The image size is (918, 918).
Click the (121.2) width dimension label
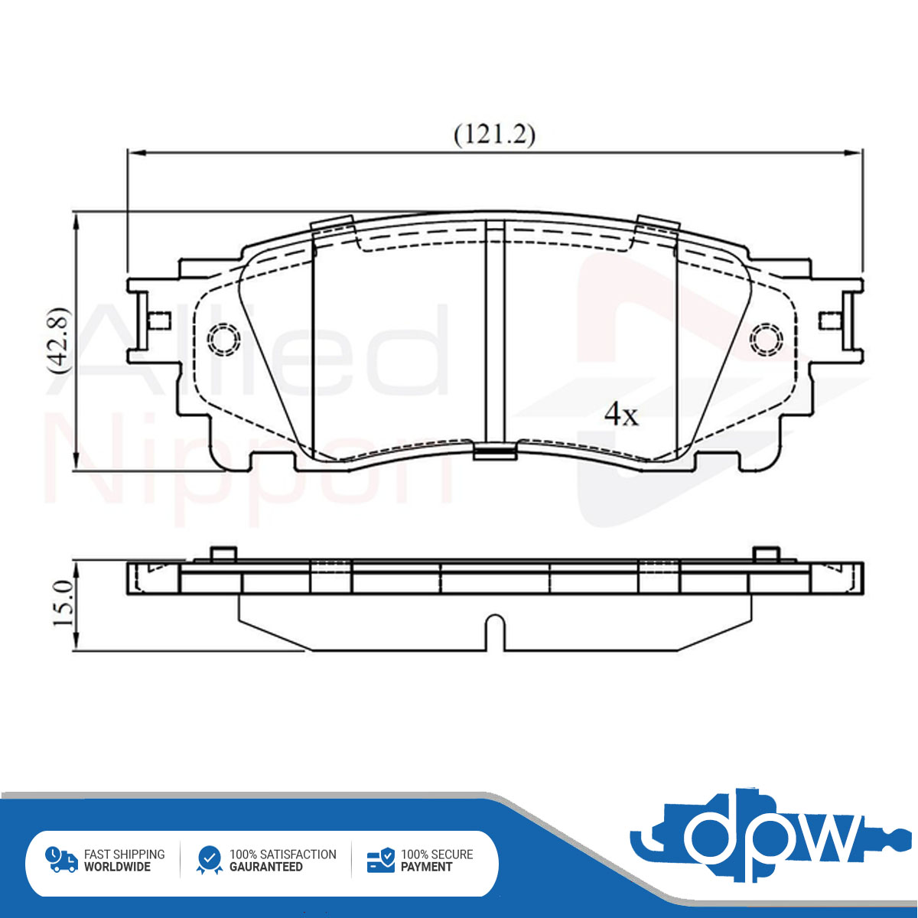(494, 135)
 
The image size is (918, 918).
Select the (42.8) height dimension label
(59, 340)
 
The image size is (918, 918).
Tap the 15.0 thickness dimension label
(63, 603)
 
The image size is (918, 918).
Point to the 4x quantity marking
(620, 415)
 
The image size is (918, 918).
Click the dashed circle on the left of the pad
(223, 339)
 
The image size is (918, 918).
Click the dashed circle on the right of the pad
(766, 339)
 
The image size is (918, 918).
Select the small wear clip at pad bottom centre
(495, 451)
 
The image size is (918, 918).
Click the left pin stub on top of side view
(223, 554)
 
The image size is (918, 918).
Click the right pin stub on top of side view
(767, 554)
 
